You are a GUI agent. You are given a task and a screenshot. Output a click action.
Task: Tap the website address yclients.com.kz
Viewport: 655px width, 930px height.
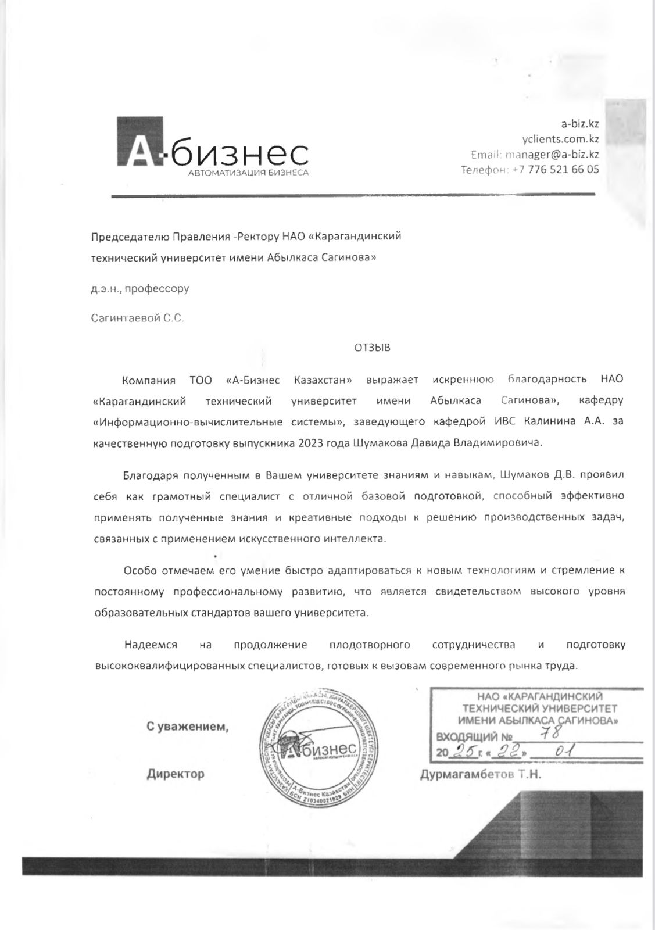560,139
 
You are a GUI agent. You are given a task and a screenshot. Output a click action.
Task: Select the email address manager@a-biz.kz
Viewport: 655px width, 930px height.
552,155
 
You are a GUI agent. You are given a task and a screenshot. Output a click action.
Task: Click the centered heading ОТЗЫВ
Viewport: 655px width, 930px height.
373,348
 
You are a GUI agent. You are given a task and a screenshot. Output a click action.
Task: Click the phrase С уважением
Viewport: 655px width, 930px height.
187,727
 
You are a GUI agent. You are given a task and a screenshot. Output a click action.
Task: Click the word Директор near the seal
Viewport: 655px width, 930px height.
175,774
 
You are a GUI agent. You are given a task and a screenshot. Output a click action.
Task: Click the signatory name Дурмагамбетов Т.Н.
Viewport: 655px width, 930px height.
480,774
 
